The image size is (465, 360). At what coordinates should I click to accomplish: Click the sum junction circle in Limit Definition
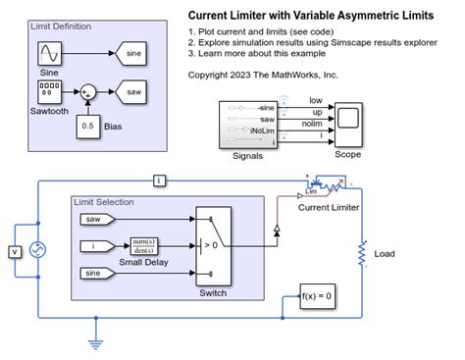click(90, 93)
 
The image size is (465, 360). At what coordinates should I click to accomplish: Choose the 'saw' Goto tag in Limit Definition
click(133, 93)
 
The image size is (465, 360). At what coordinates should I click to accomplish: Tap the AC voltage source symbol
click(39, 250)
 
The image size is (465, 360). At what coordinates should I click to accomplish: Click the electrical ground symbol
click(94, 342)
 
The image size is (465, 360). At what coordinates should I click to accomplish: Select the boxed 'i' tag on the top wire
click(161, 180)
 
